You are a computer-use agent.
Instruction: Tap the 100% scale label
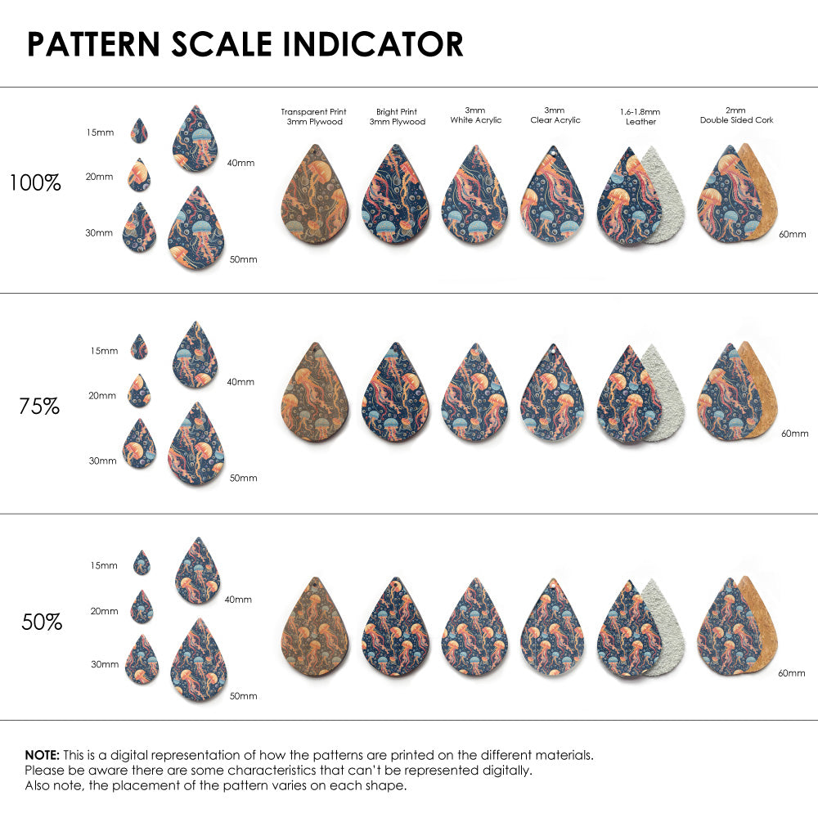click(35, 182)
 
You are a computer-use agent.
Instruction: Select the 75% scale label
click(39, 406)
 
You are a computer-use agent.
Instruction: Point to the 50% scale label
click(42, 622)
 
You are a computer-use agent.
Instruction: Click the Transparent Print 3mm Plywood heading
click(313, 116)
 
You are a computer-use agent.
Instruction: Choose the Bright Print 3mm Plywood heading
click(397, 116)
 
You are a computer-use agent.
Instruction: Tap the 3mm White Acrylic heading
click(475, 115)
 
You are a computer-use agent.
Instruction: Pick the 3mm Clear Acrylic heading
click(555, 115)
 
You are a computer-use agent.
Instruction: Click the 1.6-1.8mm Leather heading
click(640, 116)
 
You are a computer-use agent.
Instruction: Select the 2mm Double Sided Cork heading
click(736, 115)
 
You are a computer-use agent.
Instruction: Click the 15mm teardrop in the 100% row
click(139, 131)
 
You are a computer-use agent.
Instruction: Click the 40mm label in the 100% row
click(240, 163)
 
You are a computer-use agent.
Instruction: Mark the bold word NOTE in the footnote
click(41, 754)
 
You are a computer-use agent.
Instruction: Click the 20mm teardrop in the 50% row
click(142, 607)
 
